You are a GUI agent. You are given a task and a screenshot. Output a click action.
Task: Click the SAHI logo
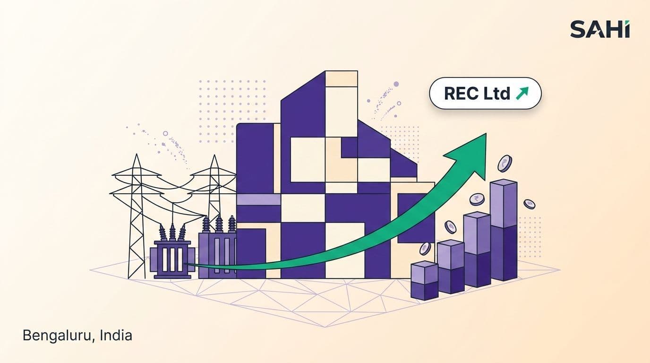[x=600, y=29]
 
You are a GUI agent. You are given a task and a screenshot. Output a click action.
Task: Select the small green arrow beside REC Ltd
[x=522, y=93]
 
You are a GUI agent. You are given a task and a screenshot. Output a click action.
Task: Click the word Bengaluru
[x=58, y=336]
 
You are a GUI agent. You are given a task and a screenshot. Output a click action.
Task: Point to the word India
[x=116, y=335]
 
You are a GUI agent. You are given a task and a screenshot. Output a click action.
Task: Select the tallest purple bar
[x=504, y=230]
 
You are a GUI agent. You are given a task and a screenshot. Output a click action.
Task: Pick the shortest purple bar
[x=424, y=280]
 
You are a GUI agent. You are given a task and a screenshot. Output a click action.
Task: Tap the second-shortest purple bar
[x=451, y=266]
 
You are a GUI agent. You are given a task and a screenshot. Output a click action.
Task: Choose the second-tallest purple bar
[x=477, y=250]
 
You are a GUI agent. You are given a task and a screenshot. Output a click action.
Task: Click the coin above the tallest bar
[x=505, y=164]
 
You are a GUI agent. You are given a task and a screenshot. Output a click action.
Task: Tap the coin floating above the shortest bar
[x=425, y=249]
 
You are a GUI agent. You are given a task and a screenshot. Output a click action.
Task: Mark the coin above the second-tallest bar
[x=477, y=199]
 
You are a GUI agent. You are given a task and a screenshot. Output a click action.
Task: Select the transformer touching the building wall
[x=218, y=247]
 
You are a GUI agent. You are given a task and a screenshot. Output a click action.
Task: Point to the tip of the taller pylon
[x=136, y=154]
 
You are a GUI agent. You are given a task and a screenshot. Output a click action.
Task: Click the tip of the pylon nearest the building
[x=214, y=155]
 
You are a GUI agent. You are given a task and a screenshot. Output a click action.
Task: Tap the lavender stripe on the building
[x=258, y=199]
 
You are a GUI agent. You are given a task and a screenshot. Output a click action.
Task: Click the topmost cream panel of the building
[x=341, y=78]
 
